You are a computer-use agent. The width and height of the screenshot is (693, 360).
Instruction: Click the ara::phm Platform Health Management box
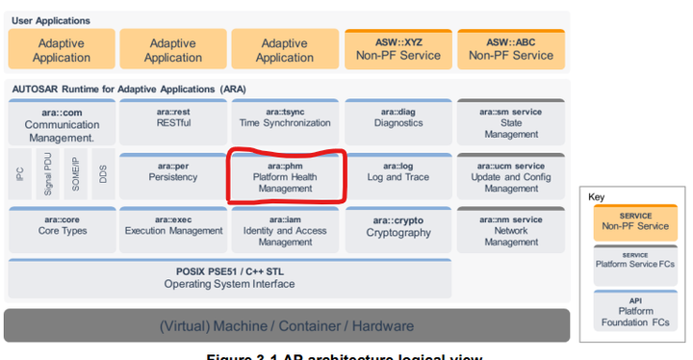point(284,176)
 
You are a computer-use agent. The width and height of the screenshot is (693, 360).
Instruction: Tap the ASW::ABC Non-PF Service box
point(510,49)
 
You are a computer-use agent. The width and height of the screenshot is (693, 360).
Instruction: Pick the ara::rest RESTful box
point(173,119)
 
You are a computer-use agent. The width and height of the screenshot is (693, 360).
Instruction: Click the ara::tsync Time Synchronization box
point(284,119)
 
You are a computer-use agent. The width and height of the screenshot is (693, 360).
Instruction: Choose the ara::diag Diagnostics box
point(397,119)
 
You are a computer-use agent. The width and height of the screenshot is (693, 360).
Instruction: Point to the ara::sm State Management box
point(511,122)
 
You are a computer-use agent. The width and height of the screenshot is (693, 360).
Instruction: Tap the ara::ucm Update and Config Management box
point(511,176)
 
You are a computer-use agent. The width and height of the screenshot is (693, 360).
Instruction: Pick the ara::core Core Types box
point(63,227)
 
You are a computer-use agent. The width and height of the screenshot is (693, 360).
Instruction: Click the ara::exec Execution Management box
point(173,227)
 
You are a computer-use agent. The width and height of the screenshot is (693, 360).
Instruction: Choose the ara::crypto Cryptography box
point(397,227)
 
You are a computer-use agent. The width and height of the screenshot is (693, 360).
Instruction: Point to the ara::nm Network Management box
point(511,230)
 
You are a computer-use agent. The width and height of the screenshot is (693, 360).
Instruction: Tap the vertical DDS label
point(103,174)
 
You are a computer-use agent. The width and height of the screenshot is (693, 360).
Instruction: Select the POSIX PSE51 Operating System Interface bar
point(228,278)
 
